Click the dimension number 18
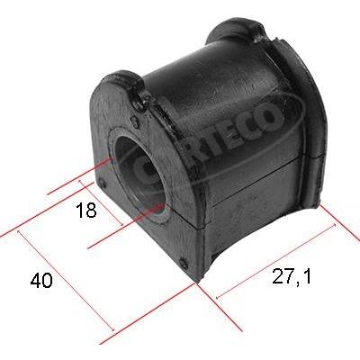click(x=86, y=210)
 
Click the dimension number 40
click(x=41, y=281)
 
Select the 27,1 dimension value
click(x=292, y=276)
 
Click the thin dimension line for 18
click(x=101, y=203)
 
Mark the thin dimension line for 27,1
click(x=275, y=261)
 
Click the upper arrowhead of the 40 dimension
click(x=19, y=232)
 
